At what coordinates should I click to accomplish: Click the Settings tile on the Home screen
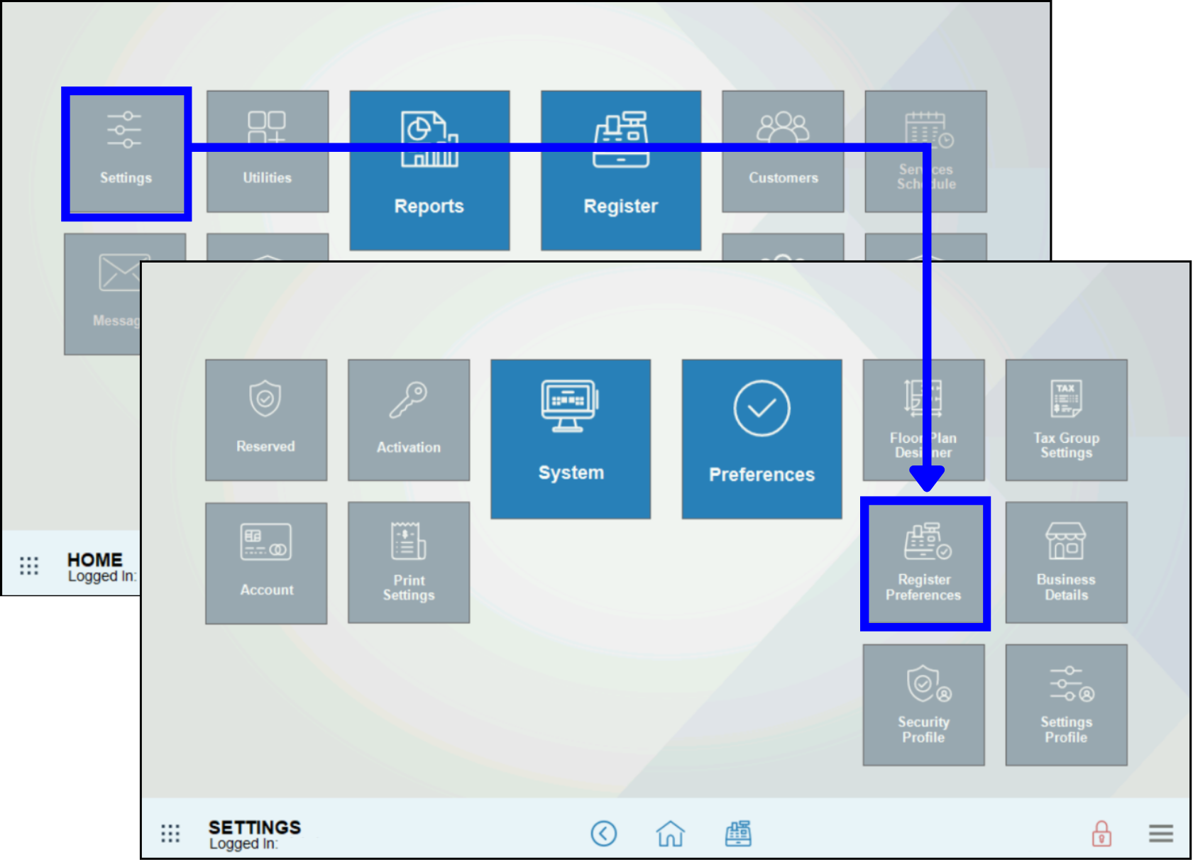[x=126, y=152]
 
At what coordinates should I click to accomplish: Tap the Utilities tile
[x=268, y=151]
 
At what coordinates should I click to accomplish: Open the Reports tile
[x=429, y=170]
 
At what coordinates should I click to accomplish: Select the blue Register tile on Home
[x=621, y=170]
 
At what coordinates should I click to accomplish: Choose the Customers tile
[x=783, y=151]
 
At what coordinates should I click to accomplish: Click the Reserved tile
[x=266, y=420]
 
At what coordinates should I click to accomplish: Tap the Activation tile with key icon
[x=409, y=420]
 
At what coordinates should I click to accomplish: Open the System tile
[x=571, y=439]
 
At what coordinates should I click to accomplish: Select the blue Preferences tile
[x=762, y=439]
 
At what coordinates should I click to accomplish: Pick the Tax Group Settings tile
[x=1066, y=420]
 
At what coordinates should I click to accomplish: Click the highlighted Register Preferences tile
[x=924, y=563]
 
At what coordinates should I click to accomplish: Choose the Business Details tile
[x=1066, y=563]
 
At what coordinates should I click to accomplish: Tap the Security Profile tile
[x=923, y=705]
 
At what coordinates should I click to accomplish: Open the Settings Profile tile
[x=1066, y=705]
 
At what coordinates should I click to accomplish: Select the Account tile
[x=266, y=563]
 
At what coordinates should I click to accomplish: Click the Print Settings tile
[x=409, y=563]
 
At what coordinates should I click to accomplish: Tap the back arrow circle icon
[x=604, y=834]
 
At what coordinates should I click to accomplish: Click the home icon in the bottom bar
[x=670, y=834]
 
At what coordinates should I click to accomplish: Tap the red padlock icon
[x=1101, y=834]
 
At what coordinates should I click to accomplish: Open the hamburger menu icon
[x=1161, y=834]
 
